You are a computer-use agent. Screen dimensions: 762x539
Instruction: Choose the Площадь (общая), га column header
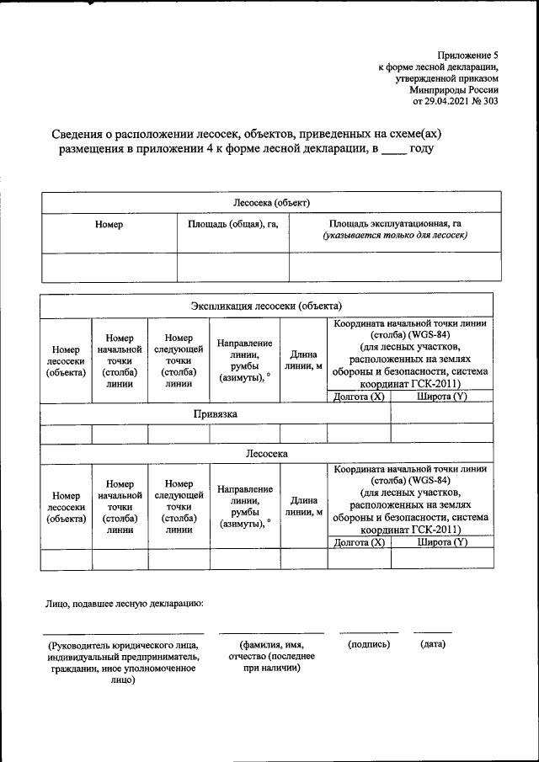(232, 224)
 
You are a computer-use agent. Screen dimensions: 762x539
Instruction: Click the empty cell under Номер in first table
(109, 266)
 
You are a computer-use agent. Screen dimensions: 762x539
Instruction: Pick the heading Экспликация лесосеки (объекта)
(265, 306)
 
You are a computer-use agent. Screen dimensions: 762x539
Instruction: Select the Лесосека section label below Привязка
(267, 453)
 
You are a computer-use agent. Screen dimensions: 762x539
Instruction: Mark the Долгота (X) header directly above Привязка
(359, 397)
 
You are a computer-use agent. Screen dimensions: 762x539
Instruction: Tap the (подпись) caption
(369, 644)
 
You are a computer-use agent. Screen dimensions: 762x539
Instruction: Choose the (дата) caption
(432, 644)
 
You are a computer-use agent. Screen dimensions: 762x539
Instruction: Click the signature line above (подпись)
(369, 632)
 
